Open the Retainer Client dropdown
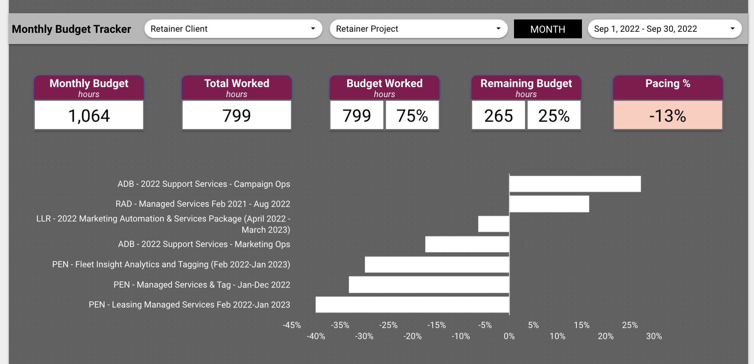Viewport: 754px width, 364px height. point(233,29)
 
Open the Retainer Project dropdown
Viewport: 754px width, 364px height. point(418,29)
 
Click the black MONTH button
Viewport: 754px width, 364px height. point(548,29)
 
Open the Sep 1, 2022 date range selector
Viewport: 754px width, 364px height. point(664,29)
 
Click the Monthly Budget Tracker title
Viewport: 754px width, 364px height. point(71,29)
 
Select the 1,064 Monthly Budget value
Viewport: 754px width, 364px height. point(89,116)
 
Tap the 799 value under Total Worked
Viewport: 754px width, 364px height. point(237,116)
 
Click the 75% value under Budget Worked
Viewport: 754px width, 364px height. point(412,116)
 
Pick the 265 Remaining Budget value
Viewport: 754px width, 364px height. point(498,116)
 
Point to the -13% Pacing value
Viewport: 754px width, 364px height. point(668,116)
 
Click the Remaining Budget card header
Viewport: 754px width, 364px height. point(526,88)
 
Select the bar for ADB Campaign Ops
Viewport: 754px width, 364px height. point(575,184)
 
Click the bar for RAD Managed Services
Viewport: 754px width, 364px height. point(549,204)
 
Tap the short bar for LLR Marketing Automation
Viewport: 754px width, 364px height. point(494,224)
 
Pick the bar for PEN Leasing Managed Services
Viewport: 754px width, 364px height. point(412,305)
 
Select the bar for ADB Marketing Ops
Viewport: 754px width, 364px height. point(467,244)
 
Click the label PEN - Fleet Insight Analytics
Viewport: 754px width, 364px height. point(171,264)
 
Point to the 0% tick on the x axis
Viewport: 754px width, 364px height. point(509,336)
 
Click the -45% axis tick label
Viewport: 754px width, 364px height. point(292,325)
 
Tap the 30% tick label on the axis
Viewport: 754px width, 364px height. point(654,336)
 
